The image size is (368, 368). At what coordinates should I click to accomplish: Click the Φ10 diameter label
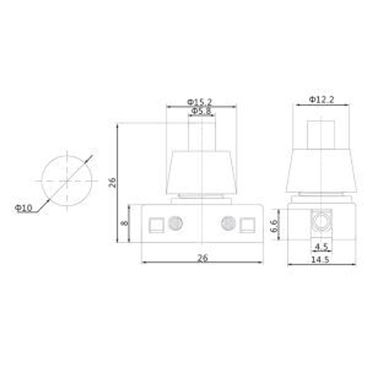24,208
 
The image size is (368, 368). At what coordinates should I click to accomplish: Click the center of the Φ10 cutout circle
67,181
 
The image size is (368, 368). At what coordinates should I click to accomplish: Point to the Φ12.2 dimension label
321,99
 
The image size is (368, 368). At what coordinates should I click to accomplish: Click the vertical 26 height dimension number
113,183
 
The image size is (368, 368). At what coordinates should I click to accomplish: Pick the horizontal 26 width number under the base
202,258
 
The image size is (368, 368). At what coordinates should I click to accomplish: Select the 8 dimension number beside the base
124,223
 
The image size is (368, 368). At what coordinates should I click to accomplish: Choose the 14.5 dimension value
321,259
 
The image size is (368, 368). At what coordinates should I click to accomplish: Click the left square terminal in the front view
156,225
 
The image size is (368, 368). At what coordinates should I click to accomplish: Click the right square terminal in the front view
247,225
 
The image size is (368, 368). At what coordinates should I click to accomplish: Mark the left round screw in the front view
176,223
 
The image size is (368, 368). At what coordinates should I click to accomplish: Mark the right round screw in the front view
229,223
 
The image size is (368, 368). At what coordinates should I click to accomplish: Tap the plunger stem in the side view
321,134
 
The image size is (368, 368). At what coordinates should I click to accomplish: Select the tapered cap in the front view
202,172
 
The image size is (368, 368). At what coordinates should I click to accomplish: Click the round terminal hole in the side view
321,221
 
